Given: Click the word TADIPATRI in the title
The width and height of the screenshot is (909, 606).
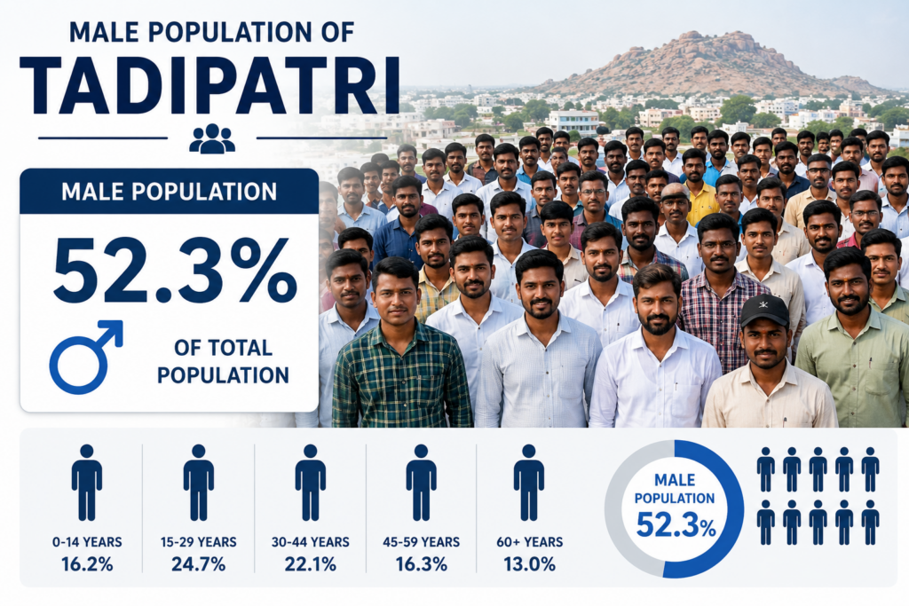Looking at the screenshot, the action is [209, 86].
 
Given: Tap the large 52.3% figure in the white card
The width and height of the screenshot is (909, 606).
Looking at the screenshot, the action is [175, 271].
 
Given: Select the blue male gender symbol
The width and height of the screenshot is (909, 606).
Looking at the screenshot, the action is [86, 357].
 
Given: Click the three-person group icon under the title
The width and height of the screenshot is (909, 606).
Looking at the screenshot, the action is [212, 138].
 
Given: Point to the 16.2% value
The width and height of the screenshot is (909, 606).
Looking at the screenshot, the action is [87, 564].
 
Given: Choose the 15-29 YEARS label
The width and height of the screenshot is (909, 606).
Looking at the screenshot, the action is [198, 542].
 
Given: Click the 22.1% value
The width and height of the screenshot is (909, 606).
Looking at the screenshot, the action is [310, 564].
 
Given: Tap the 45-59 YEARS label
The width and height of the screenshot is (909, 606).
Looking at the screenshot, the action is [422, 542].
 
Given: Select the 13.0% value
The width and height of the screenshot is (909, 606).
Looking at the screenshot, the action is [529, 564].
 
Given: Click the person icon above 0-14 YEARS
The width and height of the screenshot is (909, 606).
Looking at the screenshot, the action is [87, 483].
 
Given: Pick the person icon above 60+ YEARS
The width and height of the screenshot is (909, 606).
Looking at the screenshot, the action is [529, 483].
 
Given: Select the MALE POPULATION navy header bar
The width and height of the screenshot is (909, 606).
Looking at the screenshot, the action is [170, 191].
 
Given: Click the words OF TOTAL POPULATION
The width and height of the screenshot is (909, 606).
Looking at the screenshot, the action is [223, 361].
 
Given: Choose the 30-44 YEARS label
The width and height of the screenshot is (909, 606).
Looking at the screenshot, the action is [310, 542].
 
